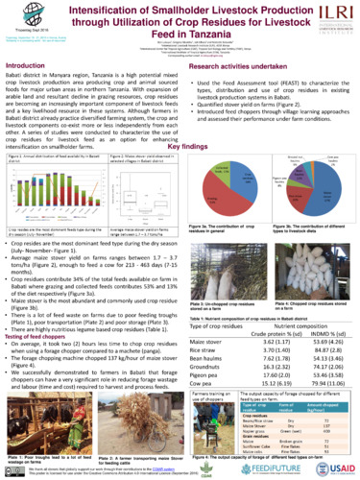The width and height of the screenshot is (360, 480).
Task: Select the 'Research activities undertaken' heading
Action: click(234, 66)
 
